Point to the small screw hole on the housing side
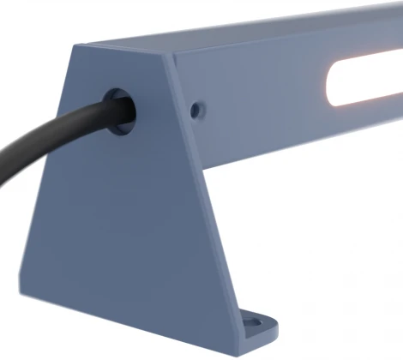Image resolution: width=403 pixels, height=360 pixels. coord(199,110)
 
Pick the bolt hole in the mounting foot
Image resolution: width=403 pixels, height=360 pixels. coord(253,324)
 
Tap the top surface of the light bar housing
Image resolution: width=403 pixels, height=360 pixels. coord(257,31)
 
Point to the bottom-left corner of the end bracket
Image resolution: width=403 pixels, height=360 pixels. coord(18,287)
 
